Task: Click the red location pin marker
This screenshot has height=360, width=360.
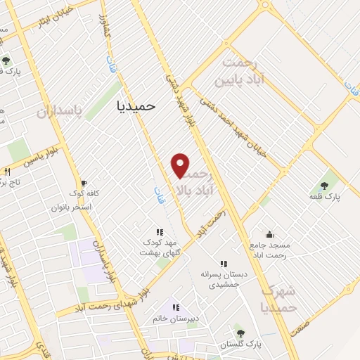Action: [x=181, y=165]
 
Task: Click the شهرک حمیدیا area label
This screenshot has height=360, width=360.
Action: [x=278, y=299]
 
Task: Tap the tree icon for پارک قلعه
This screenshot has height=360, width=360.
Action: [x=324, y=186]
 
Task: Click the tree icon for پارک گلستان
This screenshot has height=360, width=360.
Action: [x=241, y=333]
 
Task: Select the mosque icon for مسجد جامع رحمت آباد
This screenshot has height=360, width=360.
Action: [x=269, y=234]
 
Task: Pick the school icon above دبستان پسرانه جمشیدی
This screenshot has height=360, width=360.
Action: [x=224, y=263]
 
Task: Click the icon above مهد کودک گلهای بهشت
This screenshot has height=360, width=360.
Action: [x=160, y=231]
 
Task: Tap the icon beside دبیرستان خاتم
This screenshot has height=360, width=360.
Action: [x=176, y=307]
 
